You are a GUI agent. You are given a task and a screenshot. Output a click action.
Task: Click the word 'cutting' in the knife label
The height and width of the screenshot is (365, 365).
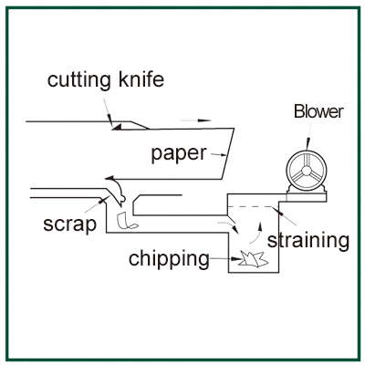click(x=79, y=80)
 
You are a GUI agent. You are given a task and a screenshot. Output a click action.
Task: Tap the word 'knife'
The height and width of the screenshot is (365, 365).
click(x=141, y=79)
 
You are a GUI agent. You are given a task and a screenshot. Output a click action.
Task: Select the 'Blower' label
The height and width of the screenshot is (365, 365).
click(x=318, y=111)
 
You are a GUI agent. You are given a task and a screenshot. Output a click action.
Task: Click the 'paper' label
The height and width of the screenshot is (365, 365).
click(x=179, y=154)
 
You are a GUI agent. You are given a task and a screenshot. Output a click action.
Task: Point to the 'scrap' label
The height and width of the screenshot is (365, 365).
click(x=69, y=224)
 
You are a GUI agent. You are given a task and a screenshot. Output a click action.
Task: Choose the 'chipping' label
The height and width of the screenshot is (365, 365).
click(x=169, y=259)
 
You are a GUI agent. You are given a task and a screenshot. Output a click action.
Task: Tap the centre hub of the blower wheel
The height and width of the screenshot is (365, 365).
click(x=307, y=169)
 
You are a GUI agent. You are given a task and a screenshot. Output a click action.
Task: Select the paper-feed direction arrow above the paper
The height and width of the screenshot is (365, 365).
click(x=195, y=120)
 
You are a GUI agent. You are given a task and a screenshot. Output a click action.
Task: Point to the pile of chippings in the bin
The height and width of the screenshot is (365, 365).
click(x=253, y=259)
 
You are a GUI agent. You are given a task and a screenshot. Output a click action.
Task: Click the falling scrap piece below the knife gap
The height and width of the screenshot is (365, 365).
click(x=127, y=221)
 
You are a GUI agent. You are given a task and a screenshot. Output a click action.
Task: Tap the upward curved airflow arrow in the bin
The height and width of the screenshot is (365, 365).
click(x=256, y=234)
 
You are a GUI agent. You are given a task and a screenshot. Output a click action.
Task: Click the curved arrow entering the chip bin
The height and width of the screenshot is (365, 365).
click(x=229, y=226)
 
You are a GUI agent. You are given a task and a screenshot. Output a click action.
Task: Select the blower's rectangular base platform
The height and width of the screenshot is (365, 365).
click(x=307, y=197)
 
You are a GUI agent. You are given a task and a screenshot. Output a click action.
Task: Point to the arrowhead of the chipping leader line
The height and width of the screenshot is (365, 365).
click(x=237, y=259)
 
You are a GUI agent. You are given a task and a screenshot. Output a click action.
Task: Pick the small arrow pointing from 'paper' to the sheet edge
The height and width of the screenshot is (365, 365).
click(x=218, y=155)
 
